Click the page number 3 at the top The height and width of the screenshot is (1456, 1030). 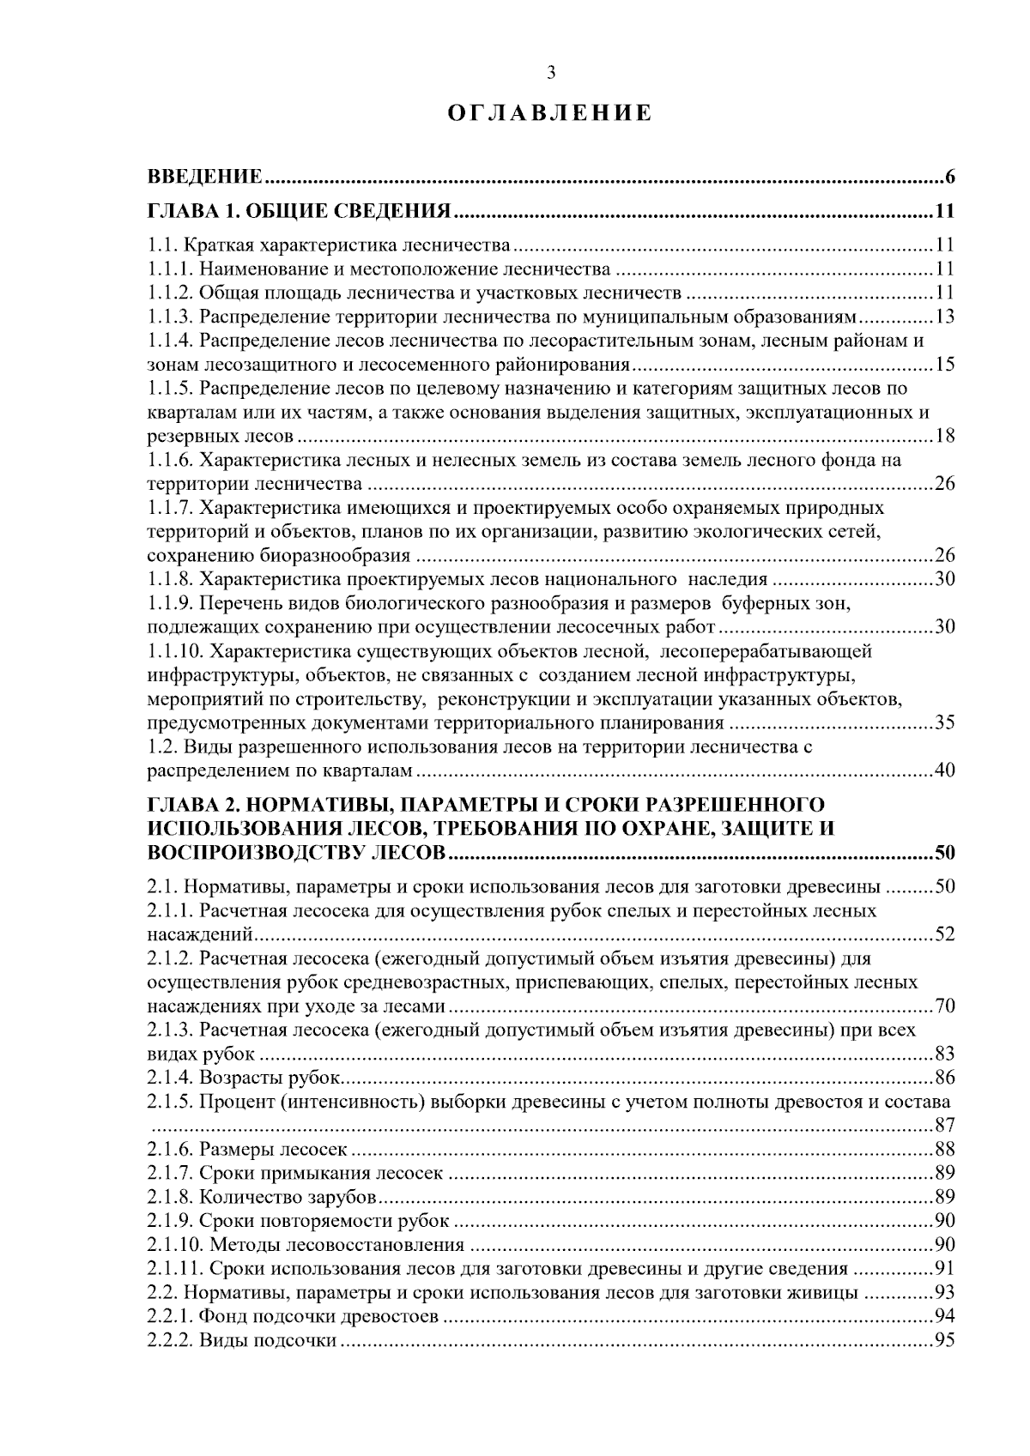[x=551, y=74]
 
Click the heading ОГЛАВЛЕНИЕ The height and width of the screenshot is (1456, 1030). [x=551, y=114]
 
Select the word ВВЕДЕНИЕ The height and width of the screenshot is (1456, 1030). [x=204, y=178]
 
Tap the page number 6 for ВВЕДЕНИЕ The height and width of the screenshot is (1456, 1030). [x=949, y=178]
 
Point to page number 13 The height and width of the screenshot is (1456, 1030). [x=944, y=317]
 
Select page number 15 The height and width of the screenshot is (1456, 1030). [x=944, y=365]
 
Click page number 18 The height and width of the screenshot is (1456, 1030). [x=944, y=437]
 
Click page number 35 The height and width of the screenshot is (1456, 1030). [x=944, y=722]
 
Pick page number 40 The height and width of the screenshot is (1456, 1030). [x=944, y=770]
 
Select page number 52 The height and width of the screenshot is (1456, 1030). [x=944, y=934]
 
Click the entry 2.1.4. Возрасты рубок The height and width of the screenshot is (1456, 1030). [x=245, y=1078]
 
